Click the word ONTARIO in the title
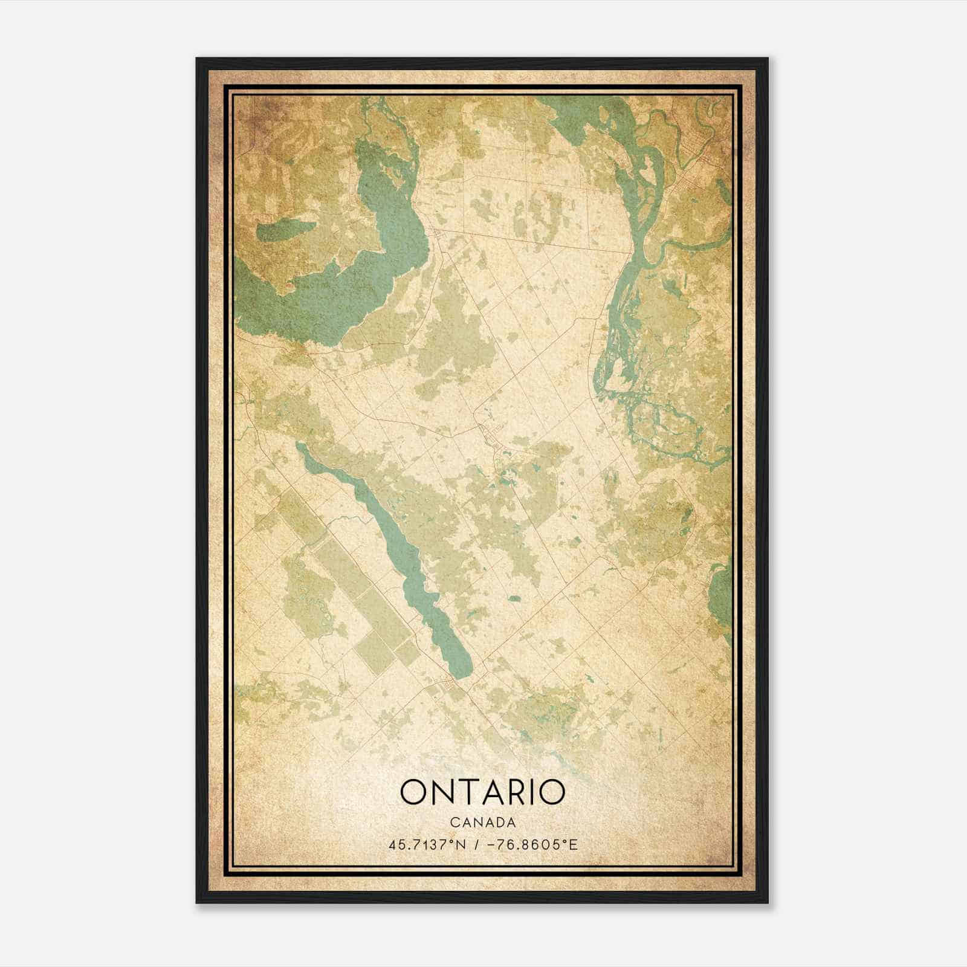[482, 792]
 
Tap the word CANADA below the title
[482, 823]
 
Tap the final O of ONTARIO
[551, 792]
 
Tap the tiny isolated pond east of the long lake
[514, 599]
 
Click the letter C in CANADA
[454, 823]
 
